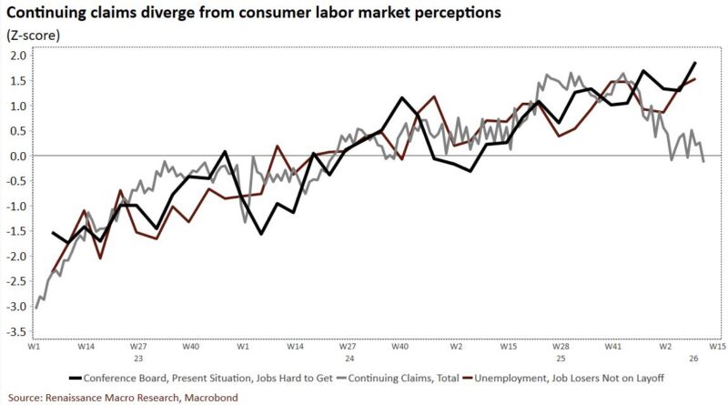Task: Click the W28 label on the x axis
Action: [561, 347]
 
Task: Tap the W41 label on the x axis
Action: [613, 347]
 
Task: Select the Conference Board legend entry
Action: [190, 377]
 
